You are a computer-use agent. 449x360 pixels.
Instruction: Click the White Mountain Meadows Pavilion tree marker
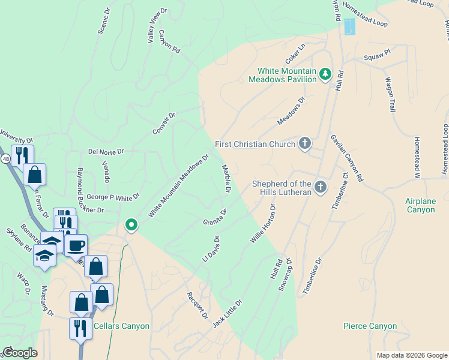325,74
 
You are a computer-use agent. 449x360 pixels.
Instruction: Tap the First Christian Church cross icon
305,144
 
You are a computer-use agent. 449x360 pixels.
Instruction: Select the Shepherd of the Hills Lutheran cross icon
321,187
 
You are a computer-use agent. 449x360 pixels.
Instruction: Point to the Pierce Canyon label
370,326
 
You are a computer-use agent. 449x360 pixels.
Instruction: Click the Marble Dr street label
227,179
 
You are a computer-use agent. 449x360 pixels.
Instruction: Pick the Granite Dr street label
215,217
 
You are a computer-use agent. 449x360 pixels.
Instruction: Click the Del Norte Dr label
106,152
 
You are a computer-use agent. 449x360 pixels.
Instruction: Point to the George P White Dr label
113,196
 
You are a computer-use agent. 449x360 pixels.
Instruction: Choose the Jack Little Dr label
227,313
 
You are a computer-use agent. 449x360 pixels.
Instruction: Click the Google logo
20,353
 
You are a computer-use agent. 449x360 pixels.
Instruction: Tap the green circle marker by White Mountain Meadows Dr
131,225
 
